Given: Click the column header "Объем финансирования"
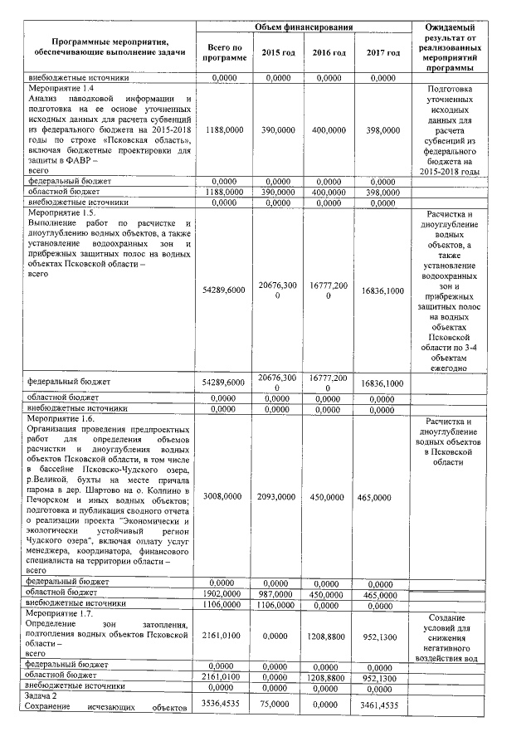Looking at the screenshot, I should (304, 28).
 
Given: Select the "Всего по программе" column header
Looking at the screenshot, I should (224, 53).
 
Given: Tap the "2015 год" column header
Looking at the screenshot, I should (277, 53).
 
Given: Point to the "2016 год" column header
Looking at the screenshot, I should (329, 53).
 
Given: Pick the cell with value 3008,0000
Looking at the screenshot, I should (224, 496).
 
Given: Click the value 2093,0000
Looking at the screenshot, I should (277, 496).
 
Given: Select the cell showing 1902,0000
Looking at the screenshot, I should (224, 593).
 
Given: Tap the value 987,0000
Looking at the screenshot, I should (277, 593).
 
